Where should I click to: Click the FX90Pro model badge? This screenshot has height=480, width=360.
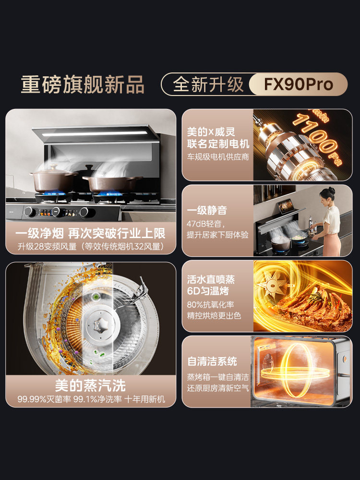pos(298,84)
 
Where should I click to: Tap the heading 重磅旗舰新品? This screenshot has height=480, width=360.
pos(83,84)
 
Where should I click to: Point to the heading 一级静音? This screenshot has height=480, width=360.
pos(207,210)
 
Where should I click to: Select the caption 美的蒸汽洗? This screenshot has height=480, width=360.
pos(91,385)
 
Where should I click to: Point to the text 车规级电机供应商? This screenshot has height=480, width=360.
pos(218,157)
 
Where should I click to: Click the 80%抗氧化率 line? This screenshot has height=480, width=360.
pos(211,305)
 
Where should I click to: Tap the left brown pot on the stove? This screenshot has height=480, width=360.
pos(53,180)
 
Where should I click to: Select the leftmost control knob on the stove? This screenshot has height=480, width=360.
pos(30,211)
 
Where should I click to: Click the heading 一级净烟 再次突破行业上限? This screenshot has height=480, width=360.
pos(91,234)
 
